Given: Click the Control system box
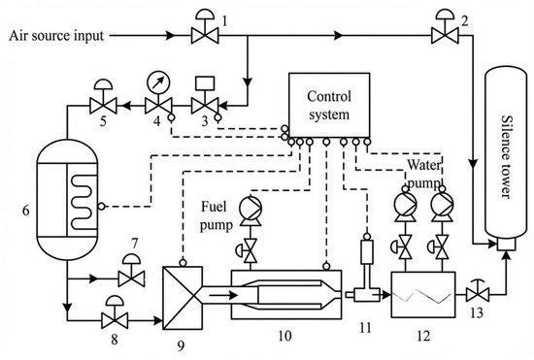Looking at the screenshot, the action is click(329, 106).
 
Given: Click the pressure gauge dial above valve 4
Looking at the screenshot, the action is click(158, 82).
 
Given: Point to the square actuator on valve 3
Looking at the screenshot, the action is click(205, 83).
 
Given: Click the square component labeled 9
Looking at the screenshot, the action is click(183, 298).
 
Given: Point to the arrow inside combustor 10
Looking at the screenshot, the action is click(223, 295).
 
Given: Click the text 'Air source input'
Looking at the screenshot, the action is click(56, 35).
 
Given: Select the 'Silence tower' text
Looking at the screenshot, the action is click(506, 156).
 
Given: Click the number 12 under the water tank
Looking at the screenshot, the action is click(423, 337).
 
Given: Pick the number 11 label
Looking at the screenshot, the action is click(365, 328).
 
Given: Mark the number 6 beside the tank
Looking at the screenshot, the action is click(26, 211).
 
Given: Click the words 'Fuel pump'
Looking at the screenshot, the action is click(216, 215).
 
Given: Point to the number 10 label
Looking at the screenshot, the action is click(284, 336).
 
